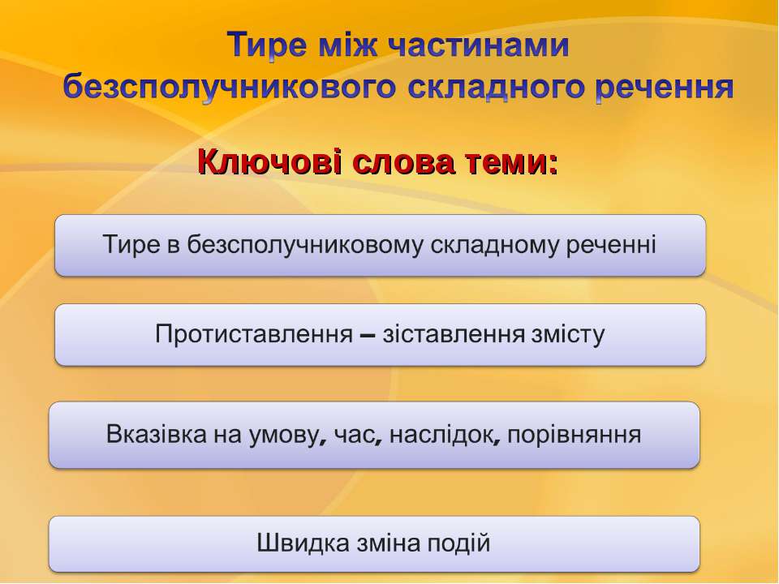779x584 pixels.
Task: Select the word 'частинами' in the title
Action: (x=478, y=45)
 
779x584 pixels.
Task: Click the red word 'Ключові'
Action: (x=269, y=162)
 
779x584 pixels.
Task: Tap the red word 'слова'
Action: (x=403, y=163)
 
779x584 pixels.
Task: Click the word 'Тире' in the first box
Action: (x=131, y=244)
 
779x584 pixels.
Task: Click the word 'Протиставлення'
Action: (x=254, y=333)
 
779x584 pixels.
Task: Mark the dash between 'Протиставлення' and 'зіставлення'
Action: (x=367, y=335)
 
